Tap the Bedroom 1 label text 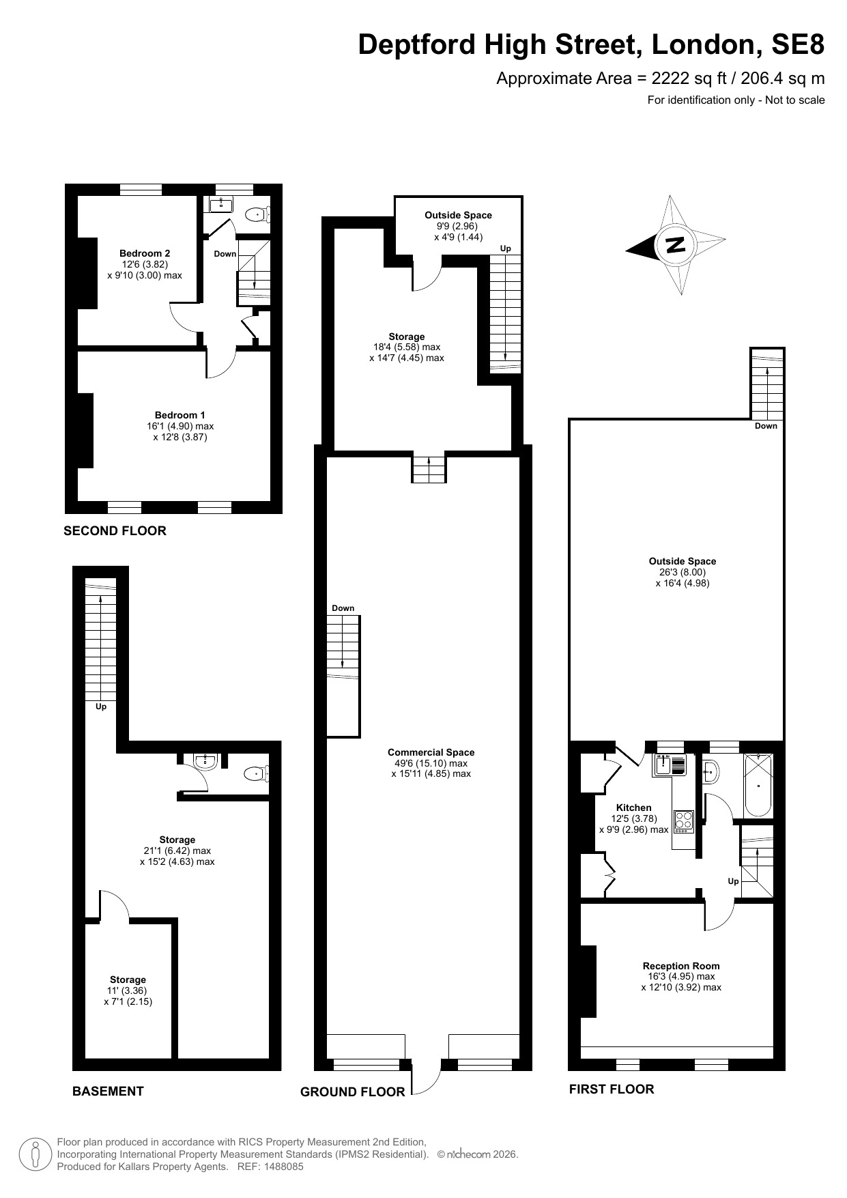180,415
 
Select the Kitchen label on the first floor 634,808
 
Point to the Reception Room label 681,966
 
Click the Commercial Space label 431,752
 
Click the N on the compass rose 676,245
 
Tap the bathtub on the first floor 758,785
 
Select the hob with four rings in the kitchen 684,821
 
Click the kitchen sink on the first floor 670,766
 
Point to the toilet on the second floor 258,214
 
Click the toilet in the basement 257,773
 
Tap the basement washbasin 205,761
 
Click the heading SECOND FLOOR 115,530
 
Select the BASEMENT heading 108,1091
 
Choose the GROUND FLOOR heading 353,1092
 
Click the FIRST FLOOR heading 612,1089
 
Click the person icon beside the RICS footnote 35,1154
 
